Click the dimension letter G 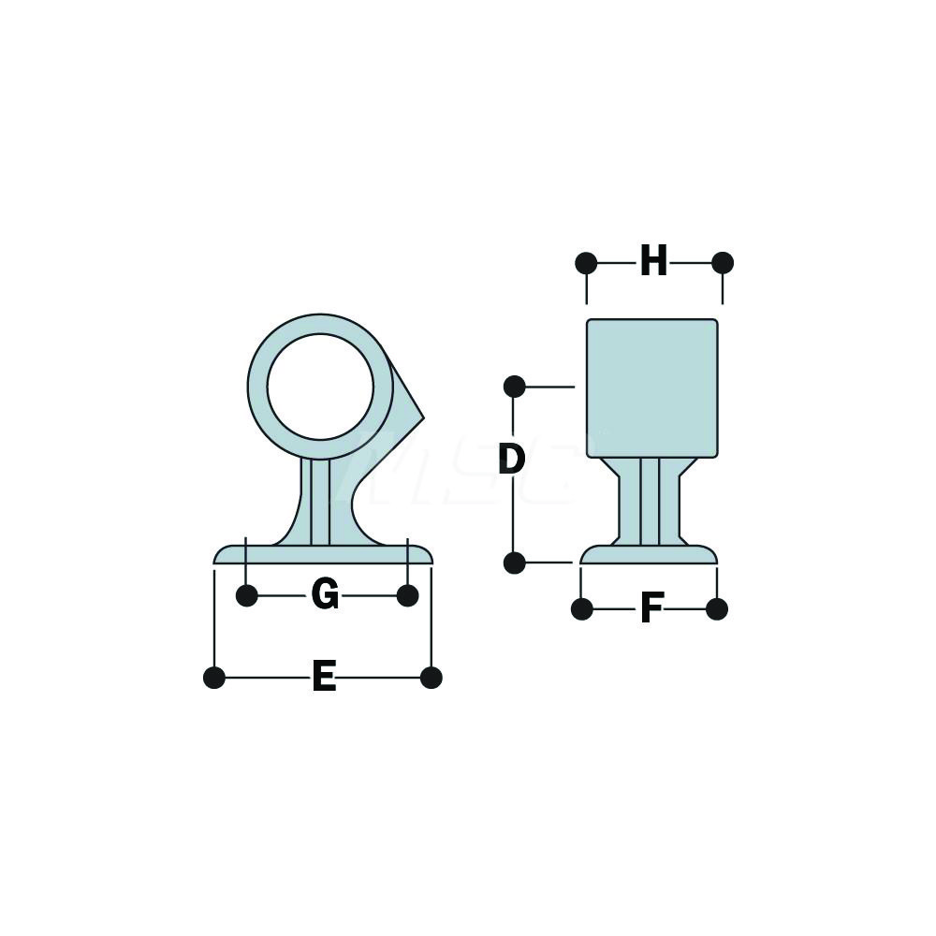click(325, 595)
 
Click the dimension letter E click(324, 677)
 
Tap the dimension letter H click(653, 262)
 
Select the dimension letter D click(511, 460)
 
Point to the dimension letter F click(651, 609)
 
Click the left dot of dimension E click(214, 678)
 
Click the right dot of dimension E click(431, 678)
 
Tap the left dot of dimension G click(246, 595)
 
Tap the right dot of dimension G click(407, 595)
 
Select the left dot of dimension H click(586, 263)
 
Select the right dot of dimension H click(723, 263)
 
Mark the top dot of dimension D click(514, 386)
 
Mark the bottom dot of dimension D click(514, 563)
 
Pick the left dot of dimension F click(581, 609)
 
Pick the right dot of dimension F click(717, 609)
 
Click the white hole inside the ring click(320, 387)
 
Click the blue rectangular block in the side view click(652, 388)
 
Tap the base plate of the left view click(323, 555)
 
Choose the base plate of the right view click(649, 555)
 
